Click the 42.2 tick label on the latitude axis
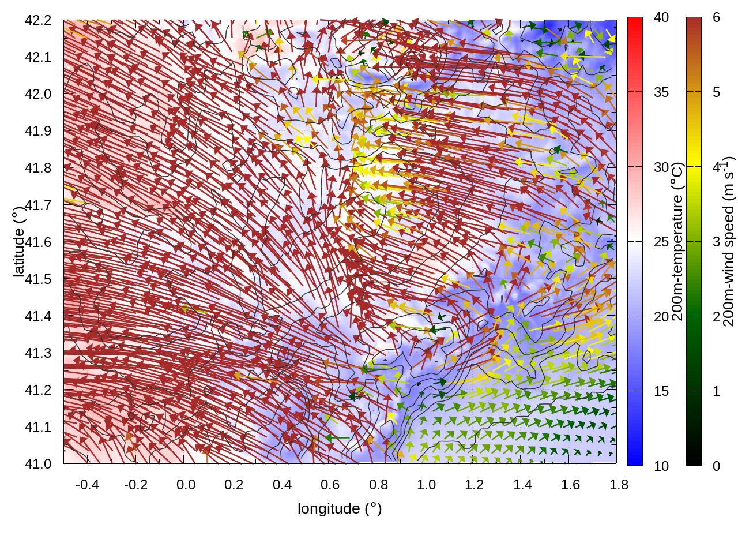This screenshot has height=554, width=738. (38, 20)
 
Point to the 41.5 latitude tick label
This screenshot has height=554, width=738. (38, 279)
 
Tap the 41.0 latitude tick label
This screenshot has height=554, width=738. (38, 464)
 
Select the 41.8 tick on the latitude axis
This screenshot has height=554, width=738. (38, 168)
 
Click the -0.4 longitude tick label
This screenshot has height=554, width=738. (87, 485)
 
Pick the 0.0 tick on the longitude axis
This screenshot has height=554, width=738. (186, 485)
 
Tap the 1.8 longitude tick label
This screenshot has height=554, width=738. (619, 485)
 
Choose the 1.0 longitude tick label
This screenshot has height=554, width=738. (426, 485)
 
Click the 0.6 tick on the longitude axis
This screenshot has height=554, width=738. (330, 485)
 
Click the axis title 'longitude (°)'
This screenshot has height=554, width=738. (340, 508)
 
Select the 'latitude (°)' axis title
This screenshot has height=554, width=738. (19, 242)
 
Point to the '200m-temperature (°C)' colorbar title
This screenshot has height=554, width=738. (678, 241)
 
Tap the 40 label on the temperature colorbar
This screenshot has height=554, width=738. (661, 18)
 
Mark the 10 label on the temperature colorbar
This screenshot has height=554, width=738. (661, 466)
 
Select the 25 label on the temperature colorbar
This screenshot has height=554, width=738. (661, 242)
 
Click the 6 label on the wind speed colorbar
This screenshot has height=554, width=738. (716, 18)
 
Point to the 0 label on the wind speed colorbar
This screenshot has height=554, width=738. (716, 466)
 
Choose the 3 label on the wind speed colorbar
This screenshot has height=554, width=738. (716, 242)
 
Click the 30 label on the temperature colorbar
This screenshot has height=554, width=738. (661, 167)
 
